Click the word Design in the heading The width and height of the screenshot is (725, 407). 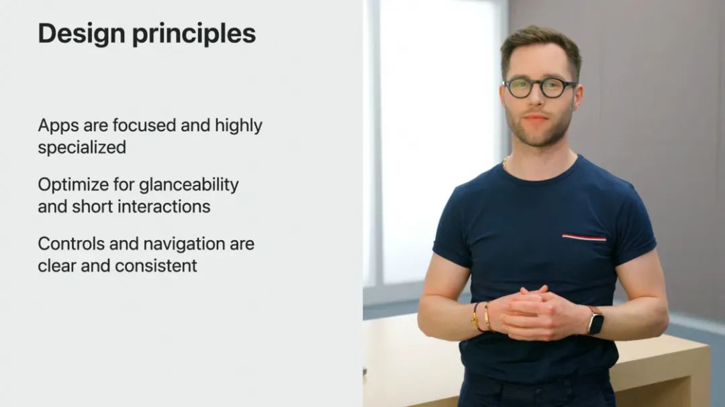(82, 34)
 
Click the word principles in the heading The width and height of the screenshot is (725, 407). (194, 35)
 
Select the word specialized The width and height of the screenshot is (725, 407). (82, 148)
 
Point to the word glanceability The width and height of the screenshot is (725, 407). (189, 185)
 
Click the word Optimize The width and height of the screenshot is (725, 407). (73, 185)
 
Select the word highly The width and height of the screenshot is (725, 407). (238, 126)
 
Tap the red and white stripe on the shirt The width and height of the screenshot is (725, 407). (584, 237)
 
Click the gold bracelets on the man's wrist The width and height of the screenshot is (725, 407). (481, 317)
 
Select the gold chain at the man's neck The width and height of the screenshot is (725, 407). (506, 164)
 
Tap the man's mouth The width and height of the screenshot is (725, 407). (536, 119)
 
